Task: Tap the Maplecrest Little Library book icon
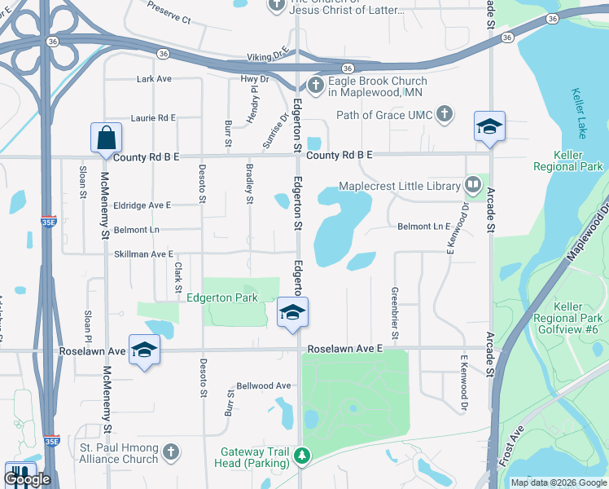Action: point(472,186)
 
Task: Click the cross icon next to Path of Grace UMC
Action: point(445,114)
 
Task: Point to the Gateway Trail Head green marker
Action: point(303,456)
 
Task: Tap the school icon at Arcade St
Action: point(489,126)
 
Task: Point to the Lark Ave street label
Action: point(154,79)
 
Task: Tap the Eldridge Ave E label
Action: point(142,205)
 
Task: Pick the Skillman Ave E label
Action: point(143,254)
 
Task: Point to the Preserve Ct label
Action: point(169,11)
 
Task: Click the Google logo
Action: point(28,478)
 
